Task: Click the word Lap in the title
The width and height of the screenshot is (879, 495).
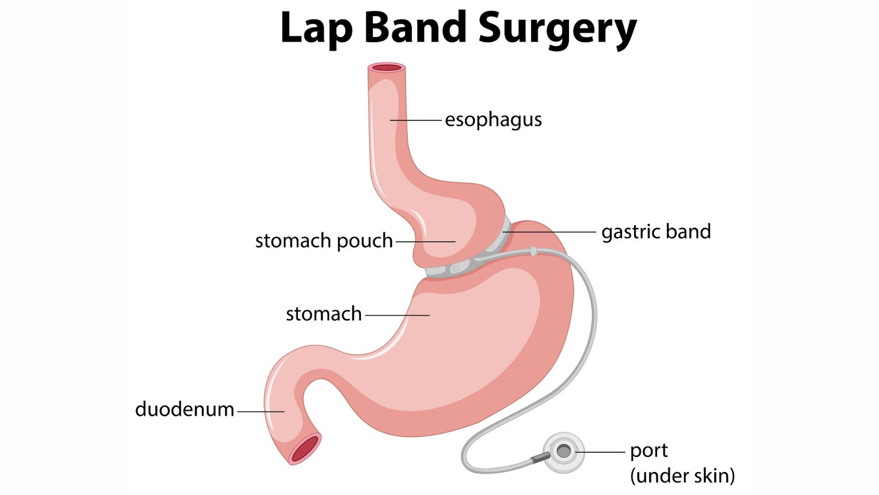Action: coord(316,28)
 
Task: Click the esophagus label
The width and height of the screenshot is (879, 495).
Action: coord(493,120)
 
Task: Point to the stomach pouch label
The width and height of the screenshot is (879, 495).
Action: coord(324,241)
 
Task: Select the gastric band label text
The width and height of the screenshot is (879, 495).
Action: coord(656,232)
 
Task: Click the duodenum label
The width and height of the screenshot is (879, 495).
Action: coord(184,409)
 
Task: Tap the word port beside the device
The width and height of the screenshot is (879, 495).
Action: coord(649,451)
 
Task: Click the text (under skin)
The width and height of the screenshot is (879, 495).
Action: coord(682,476)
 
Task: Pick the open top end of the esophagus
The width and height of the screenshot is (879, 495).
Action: coord(387,68)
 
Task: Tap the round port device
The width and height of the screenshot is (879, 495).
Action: coord(564,452)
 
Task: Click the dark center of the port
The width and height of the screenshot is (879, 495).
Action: coord(564,451)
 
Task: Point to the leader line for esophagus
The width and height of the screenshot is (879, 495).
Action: coord(416,120)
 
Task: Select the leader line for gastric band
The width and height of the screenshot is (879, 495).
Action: coord(549,232)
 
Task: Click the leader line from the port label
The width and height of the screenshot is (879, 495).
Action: coord(601,452)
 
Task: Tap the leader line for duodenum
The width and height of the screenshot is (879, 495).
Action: coord(260,412)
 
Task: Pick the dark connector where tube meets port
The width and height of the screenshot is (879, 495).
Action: coord(540,457)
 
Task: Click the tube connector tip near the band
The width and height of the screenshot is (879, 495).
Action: coord(533,251)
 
